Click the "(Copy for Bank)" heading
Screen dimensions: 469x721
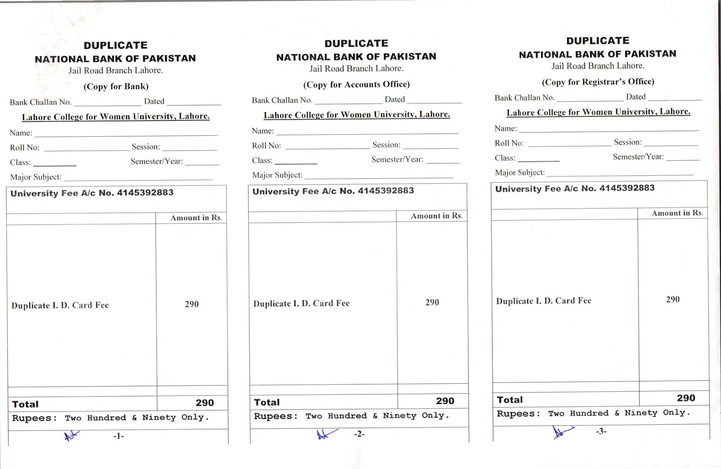pos(116,86)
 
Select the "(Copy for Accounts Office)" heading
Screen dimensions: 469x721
pos(356,84)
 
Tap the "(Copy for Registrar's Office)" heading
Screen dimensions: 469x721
pos(598,82)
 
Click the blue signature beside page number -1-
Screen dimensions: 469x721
pos(71,436)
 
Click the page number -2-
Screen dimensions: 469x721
pos(359,434)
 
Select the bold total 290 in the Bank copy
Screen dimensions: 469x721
pos(204,403)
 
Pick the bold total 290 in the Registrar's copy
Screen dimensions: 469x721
pos(686,398)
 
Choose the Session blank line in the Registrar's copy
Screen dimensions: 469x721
pos(673,145)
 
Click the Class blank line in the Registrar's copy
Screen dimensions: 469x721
pos(539,160)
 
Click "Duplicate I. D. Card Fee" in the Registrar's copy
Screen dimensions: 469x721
pos(544,301)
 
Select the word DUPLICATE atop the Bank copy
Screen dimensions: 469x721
pos(115,45)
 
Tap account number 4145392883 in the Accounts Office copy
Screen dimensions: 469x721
pos(386,191)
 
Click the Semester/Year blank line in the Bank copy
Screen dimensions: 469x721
pos(202,164)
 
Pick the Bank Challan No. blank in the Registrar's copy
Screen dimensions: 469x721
pos(590,100)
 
